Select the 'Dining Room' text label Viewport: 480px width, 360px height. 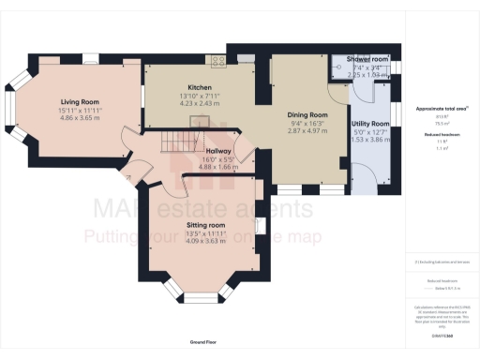pos(308,113)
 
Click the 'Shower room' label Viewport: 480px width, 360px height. pos(367,59)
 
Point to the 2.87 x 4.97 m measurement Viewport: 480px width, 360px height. pos(308,131)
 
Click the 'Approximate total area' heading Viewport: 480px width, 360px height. pos(442,108)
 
